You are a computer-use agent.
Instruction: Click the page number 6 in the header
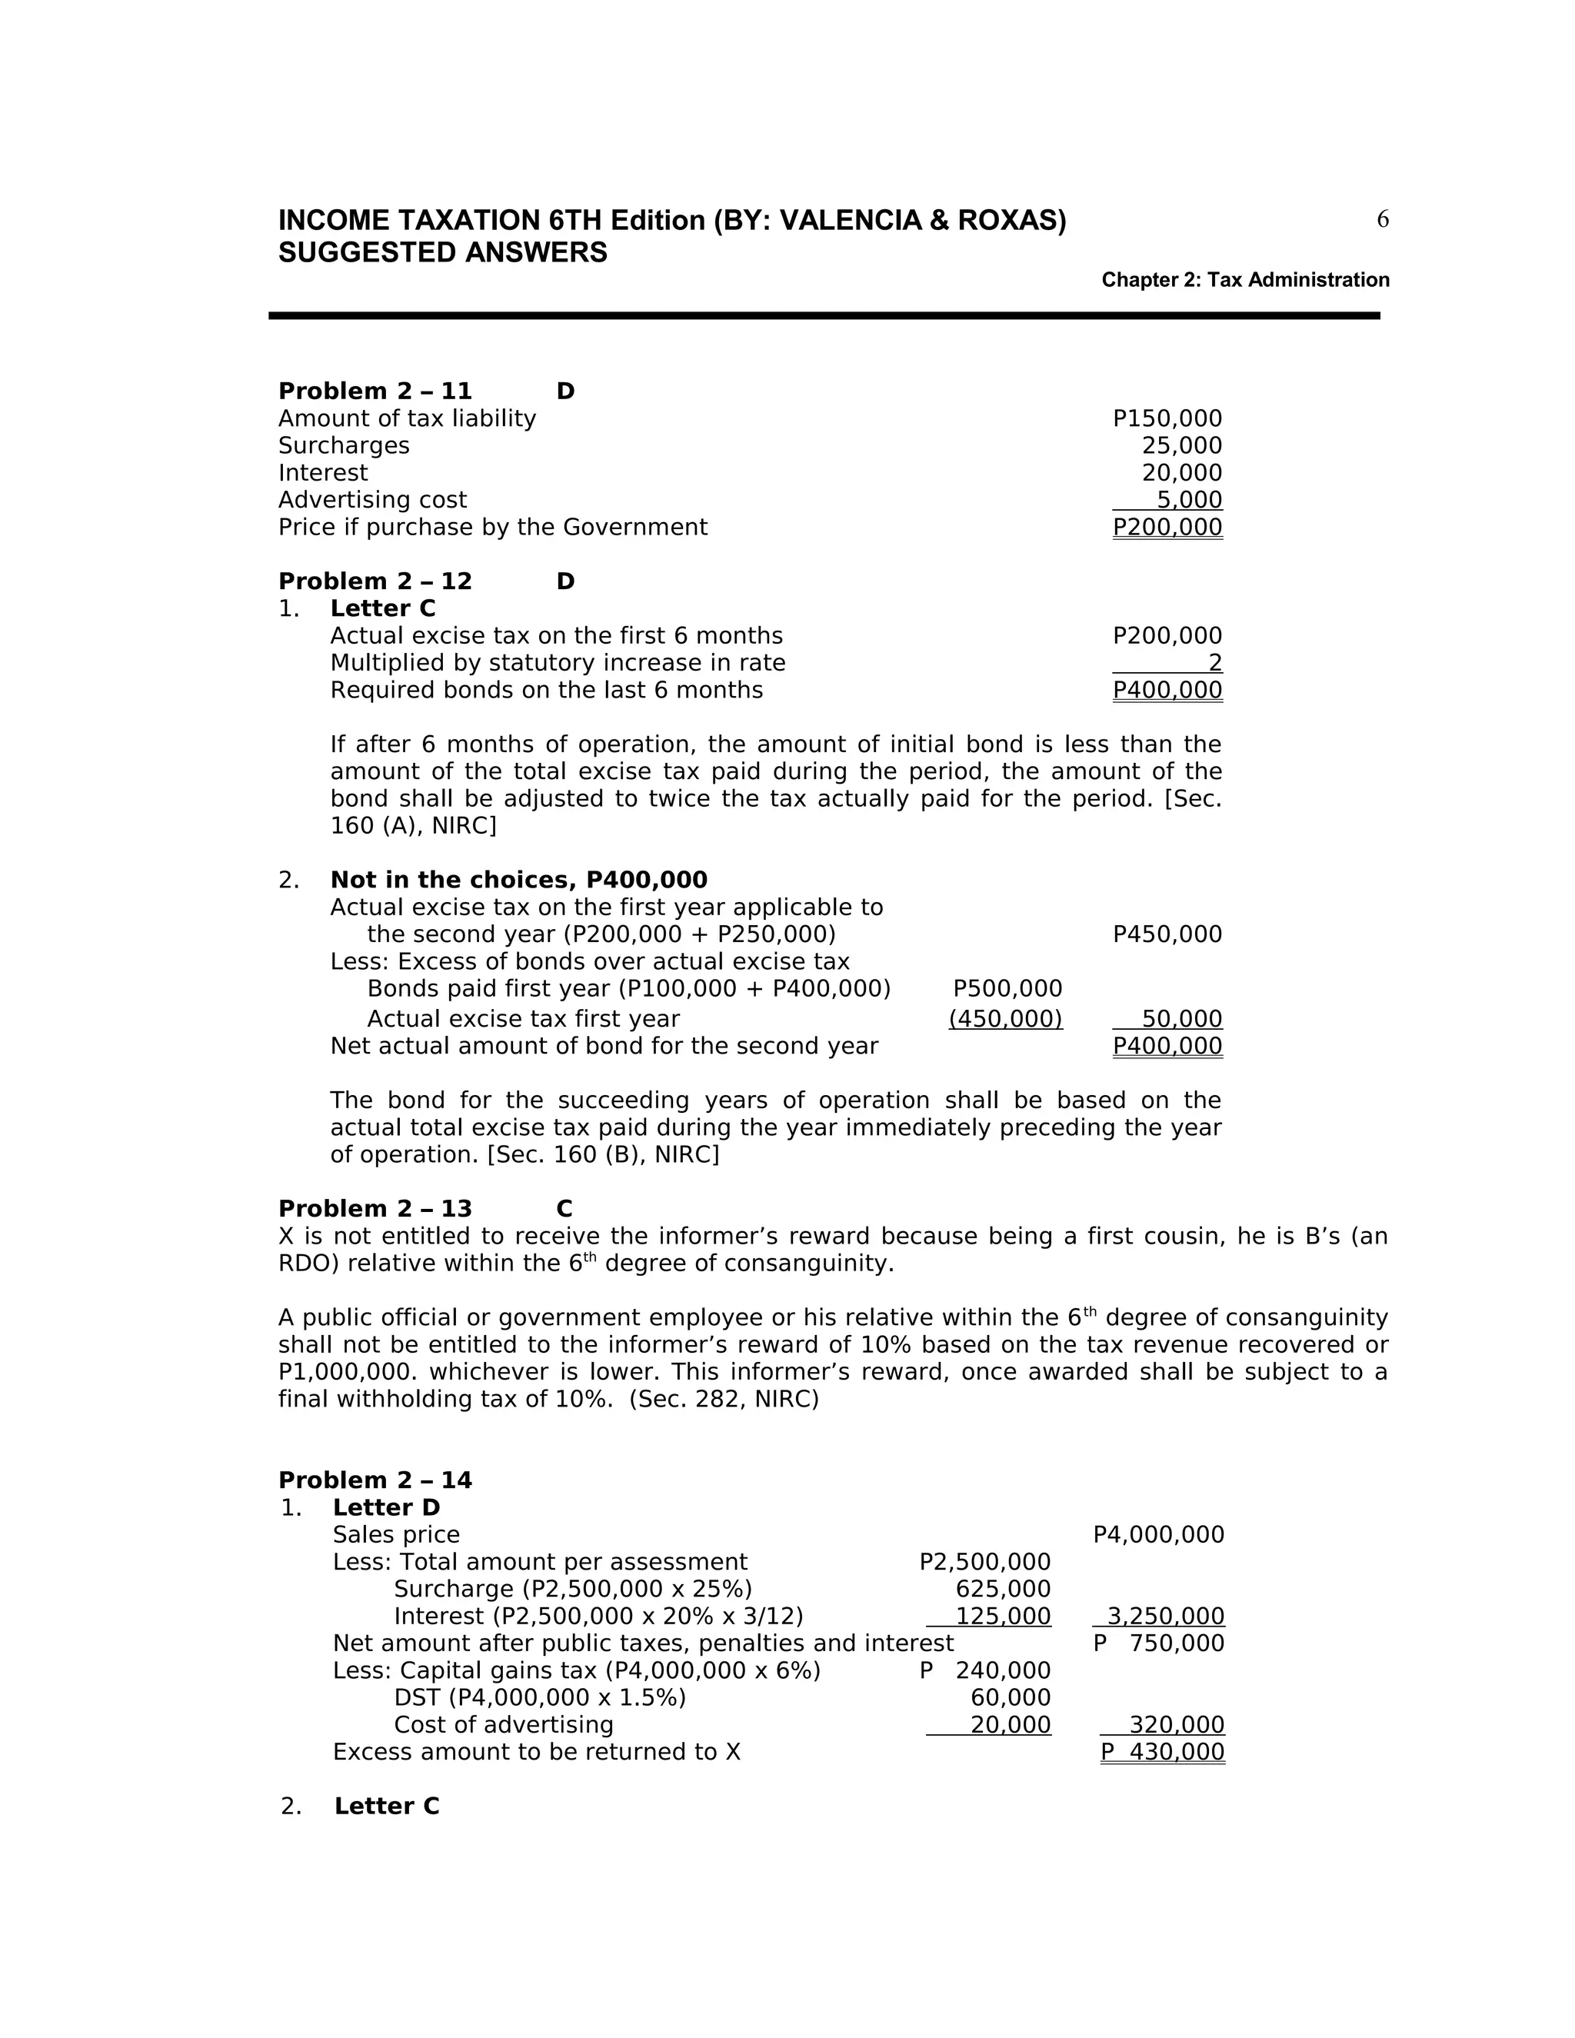click(1382, 219)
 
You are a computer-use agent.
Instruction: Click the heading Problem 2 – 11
click(375, 391)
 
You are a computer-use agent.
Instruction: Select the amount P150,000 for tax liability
click(1167, 419)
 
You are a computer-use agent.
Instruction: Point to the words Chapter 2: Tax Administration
click(1245, 280)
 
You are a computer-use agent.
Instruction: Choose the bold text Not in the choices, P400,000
click(519, 880)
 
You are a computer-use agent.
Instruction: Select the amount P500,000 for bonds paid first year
click(1007, 988)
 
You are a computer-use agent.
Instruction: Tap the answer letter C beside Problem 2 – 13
click(564, 1210)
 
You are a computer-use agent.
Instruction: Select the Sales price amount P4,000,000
click(1158, 1535)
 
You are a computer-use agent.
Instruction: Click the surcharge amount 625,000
click(1002, 1589)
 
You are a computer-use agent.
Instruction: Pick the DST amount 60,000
click(1010, 1698)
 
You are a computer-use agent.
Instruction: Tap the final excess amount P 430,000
click(1162, 1753)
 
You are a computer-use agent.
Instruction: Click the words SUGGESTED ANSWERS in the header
click(442, 253)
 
